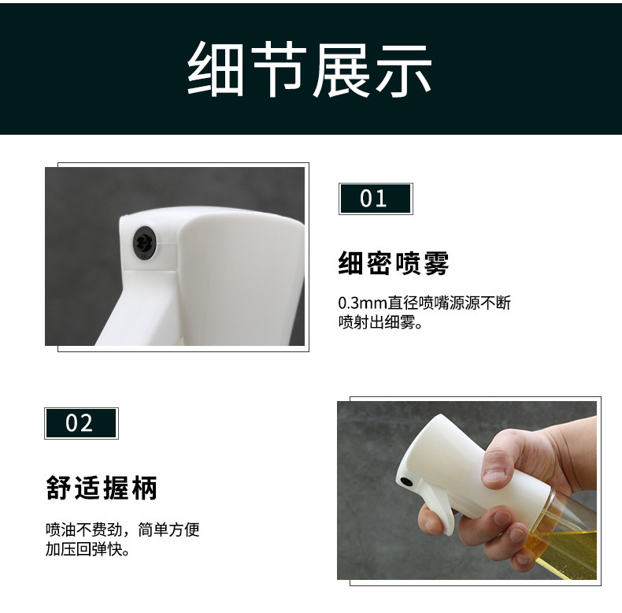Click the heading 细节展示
click(x=310, y=69)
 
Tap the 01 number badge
click(x=375, y=199)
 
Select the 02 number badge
click(x=80, y=423)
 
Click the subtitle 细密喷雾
click(x=393, y=263)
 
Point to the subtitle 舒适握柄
click(x=102, y=488)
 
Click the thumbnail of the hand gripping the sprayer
click(x=466, y=490)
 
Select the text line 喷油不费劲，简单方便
click(x=122, y=529)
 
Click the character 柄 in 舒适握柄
click(x=145, y=488)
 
